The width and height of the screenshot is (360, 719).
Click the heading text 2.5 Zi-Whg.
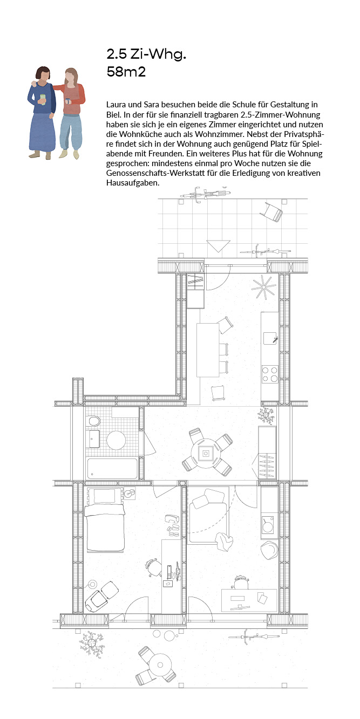tap(146, 54)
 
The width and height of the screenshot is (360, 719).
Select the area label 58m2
tap(126, 72)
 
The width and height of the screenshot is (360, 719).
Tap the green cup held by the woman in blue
tap(43, 98)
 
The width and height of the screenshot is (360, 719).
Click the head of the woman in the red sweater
tap(72, 76)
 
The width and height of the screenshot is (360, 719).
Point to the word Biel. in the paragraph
tap(113, 114)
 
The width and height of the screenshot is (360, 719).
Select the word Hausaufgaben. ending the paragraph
tap(133, 183)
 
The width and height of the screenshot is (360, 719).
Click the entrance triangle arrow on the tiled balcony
tap(218, 245)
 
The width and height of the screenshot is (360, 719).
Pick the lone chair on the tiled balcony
tap(273, 211)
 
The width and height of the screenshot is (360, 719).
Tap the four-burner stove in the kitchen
tap(270, 374)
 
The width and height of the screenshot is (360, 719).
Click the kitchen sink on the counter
tap(270, 338)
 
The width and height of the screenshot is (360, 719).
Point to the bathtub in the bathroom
tap(112, 468)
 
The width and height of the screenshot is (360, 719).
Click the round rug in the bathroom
tap(116, 440)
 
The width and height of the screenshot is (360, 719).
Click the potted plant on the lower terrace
tap(92, 643)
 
